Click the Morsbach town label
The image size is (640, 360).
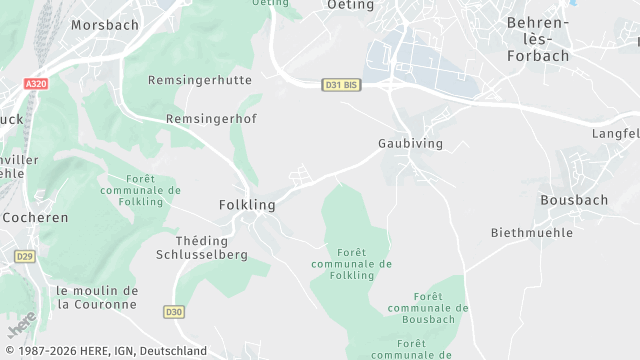pos(104,23)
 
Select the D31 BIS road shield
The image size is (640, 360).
pos(341,85)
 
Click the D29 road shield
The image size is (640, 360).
pos(25,257)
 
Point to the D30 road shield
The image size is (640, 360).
pos(174,312)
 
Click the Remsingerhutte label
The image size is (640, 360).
pos(199,80)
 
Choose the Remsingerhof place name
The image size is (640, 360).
pos(211,118)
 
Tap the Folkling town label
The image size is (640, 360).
pos(246,205)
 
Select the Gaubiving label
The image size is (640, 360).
pos(410,144)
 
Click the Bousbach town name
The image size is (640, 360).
pos(573,200)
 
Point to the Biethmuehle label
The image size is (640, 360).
pos(532,232)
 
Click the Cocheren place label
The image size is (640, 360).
pos(35,217)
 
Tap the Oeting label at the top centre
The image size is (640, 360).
pos(351,5)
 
